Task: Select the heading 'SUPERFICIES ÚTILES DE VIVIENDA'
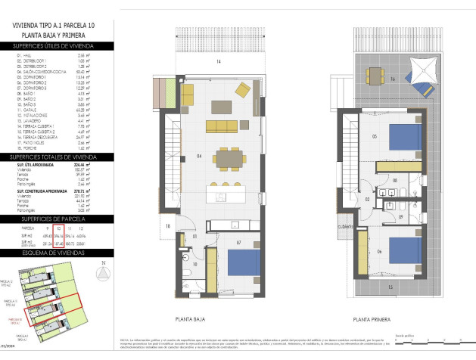pos(57,46)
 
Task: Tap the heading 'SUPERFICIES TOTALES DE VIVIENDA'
pos(57,157)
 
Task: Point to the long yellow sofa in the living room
pos(222,125)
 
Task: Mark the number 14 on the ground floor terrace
pos(217,61)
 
